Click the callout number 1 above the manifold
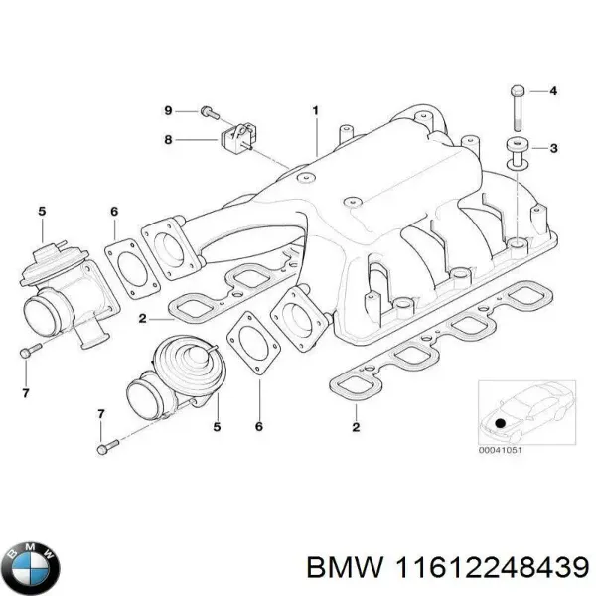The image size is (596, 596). (316, 109)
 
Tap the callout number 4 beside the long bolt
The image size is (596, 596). (554, 92)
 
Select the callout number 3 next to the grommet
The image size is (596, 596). (554, 149)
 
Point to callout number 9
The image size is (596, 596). (168, 109)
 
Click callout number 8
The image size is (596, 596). (168, 140)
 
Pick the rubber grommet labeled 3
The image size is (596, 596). (516, 150)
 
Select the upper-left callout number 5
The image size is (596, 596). (41, 210)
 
